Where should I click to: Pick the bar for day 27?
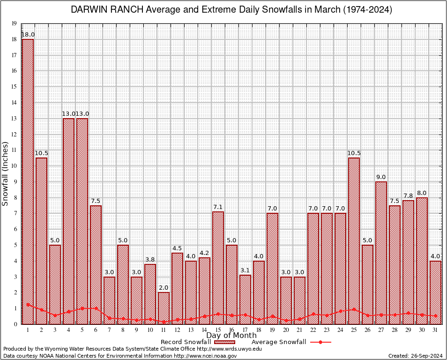381,253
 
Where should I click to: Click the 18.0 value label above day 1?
28,35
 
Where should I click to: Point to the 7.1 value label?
218,207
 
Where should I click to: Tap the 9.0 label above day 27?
381,177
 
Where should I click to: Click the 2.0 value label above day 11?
164,288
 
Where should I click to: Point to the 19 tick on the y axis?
14,23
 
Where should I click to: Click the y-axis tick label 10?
14,166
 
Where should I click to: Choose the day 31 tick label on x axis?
435,330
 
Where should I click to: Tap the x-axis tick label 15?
218,330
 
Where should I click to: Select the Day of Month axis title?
231,336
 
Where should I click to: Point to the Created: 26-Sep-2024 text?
415,356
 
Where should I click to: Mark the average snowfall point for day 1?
28,305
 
